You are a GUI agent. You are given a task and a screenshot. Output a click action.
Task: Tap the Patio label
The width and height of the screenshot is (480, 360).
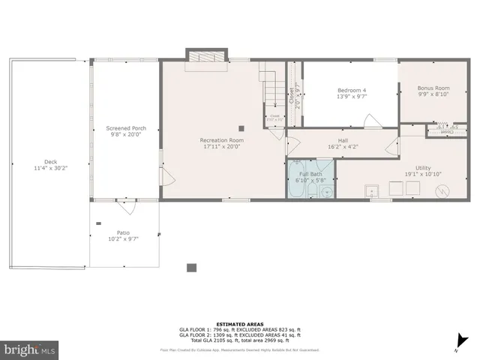(123, 232)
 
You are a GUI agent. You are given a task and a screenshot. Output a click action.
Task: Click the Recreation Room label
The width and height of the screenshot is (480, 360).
(221, 140)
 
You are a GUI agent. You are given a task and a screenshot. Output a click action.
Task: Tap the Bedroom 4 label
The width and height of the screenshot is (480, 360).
(351, 90)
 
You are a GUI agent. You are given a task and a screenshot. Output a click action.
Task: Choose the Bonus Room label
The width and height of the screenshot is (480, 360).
(433, 88)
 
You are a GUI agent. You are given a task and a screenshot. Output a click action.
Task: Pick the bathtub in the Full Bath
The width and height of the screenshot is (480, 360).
(296, 180)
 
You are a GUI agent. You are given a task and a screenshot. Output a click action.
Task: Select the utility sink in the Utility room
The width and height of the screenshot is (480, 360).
(372, 190)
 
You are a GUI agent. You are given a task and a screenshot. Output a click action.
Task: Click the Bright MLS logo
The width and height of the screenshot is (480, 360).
(31, 349)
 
